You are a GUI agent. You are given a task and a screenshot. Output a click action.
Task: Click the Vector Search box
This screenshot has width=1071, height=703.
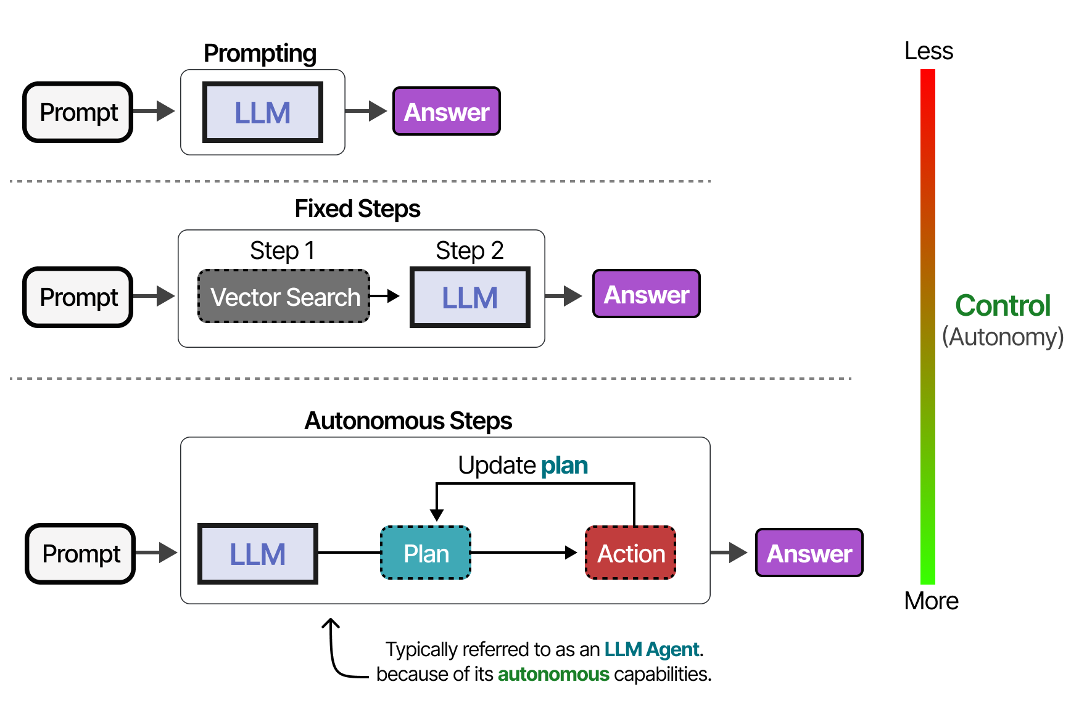click(x=284, y=297)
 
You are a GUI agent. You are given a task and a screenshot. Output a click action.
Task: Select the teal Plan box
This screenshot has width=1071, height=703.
click(x=426, y=553)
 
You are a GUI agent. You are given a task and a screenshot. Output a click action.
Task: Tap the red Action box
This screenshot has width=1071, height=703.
click(x=631, y=553)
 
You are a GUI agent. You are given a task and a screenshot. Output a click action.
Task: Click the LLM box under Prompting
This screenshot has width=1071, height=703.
click(x=263, y=112)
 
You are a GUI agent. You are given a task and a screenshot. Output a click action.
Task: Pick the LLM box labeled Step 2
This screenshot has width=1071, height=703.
click(x=470, y=297)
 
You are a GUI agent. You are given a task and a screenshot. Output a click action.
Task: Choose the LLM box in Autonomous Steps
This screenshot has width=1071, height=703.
click(x=258, y=554)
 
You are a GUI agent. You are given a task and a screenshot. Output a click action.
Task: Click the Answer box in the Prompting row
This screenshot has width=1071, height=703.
click(x=447, y=112)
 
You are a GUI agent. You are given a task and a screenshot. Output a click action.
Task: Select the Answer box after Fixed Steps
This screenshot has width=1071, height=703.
click(x=647, y=294)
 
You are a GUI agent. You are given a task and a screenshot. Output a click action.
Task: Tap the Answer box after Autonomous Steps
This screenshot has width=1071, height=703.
click(x=809, y=553)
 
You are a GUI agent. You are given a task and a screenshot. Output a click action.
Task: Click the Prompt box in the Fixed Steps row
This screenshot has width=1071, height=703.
click(x=79, y=297)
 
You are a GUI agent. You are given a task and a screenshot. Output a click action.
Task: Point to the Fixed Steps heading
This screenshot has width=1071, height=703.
click(x=357, y=209)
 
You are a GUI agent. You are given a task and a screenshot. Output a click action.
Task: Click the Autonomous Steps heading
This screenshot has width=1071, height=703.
click(x=408, y=421)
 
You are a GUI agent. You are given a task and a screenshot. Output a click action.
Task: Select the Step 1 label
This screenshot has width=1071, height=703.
click(x=283, y=251)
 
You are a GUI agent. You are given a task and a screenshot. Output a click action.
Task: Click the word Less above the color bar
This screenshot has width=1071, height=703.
click(x=928, y=51)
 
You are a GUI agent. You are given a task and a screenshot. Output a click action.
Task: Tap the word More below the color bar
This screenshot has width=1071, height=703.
click(x=931, y=601)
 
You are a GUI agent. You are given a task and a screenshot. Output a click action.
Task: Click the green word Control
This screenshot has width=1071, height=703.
click(x=1003, y=306)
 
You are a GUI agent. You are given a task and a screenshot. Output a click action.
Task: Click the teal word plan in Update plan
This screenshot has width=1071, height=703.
click(x=564, y=466)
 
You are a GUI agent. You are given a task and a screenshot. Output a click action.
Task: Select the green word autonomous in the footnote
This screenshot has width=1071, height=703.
click(x=553, y=675)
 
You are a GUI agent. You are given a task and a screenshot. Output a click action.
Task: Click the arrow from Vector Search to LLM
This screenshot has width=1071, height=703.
click(x=385, y=297)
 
